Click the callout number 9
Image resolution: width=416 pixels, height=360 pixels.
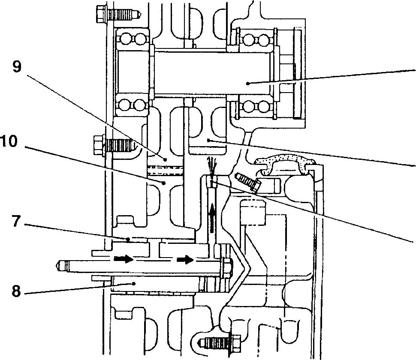(x=16, y=67)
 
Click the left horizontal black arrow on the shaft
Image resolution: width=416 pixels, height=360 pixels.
(x=124, y=259)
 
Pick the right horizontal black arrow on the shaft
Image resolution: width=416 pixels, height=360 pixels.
(x=185, y=259)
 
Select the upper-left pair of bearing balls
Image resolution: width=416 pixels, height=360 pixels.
(x=131, y=40)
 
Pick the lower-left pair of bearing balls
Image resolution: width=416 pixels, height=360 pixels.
(x=131, y=105)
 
